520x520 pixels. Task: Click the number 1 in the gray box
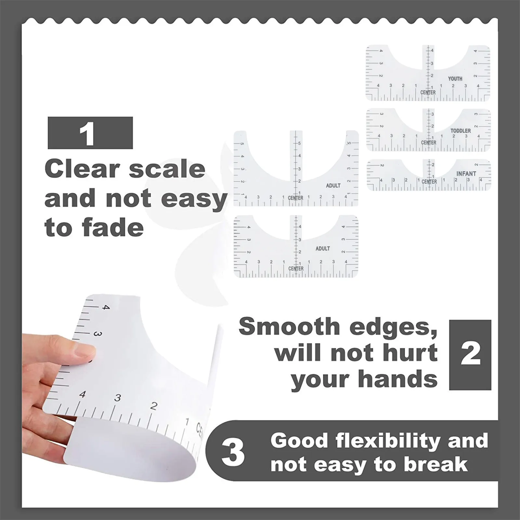coord(87,134)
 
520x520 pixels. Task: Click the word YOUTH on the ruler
coord(455,79)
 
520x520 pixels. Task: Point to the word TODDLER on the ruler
coord(461,131)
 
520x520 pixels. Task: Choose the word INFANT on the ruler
coord(466,174)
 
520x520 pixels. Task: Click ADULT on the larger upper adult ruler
coord(333,186)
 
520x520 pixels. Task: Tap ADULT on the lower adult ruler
coord(323,248)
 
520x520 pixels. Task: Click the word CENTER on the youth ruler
coord(428,93)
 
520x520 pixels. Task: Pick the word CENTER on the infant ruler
coord(429,182)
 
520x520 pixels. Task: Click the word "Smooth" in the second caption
coord(289,326)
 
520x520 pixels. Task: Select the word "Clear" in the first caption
coord(82,169)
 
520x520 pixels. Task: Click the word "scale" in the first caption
coord(166,169)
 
